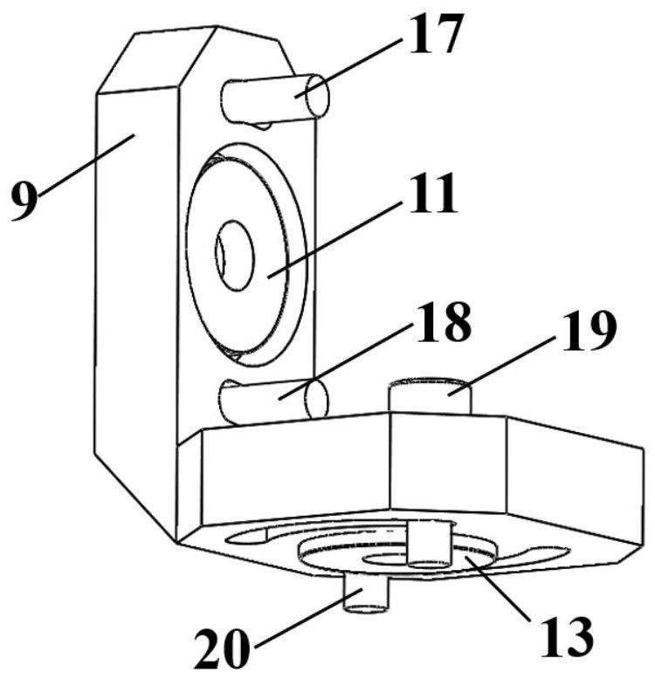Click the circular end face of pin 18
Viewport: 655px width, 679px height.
pos(316,400)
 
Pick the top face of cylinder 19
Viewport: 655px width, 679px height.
pos(429,383)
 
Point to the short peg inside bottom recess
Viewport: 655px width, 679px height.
pos(429,545)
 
